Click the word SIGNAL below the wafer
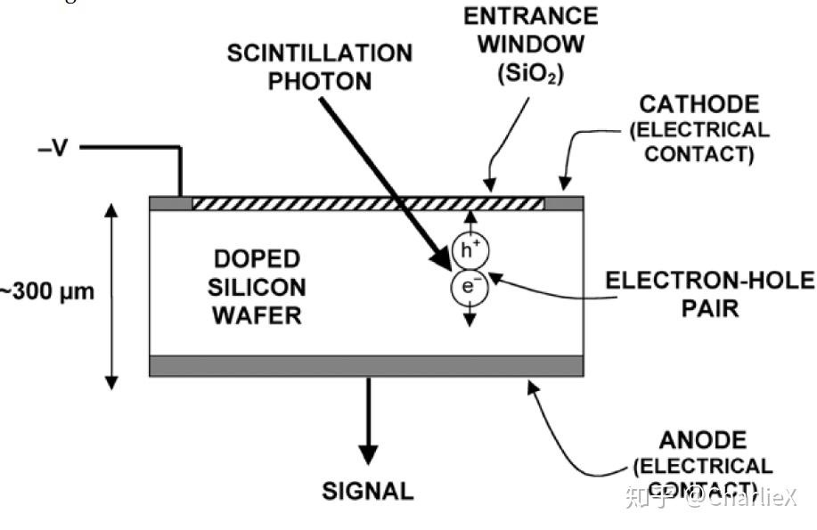click(367, 491)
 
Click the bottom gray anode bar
click(366, 366)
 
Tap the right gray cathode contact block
click(563, 204)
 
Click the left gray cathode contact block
click(169, 204)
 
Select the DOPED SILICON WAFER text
click(257, 287)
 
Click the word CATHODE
click(699, 104)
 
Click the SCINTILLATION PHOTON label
click(319, 67)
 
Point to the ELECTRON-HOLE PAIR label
click(709, 295)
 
